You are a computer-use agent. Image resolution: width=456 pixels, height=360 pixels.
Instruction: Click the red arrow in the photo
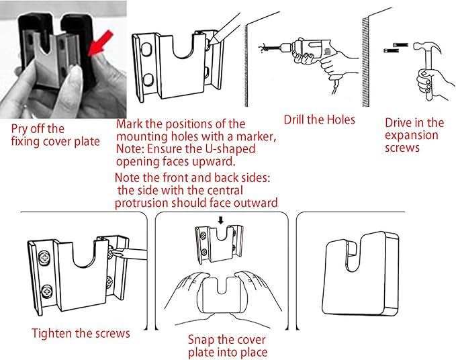pos(100,44)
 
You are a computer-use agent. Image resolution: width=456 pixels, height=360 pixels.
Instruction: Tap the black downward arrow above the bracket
pos(221,220)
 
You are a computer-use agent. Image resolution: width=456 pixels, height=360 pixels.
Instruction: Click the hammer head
pos(427,46)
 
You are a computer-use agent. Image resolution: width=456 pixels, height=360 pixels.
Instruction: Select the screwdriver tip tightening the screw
pos(116,252)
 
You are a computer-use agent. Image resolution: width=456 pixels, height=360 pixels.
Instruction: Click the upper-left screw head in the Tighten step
pos(45,257)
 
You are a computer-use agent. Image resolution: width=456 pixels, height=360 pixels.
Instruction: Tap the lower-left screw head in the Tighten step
pos(46,291)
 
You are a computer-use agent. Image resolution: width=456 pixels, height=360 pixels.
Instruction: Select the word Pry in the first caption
pos(19,130)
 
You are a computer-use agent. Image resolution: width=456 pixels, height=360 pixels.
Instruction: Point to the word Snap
pos(200,340)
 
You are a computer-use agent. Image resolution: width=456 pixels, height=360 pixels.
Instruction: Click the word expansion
pos(412,136)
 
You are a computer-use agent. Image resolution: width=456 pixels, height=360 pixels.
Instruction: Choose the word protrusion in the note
pos(142,203)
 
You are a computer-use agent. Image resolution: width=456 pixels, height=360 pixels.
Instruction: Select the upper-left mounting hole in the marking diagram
pos(146,50)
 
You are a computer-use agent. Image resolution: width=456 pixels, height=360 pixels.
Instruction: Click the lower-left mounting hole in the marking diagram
pos(148,79)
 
